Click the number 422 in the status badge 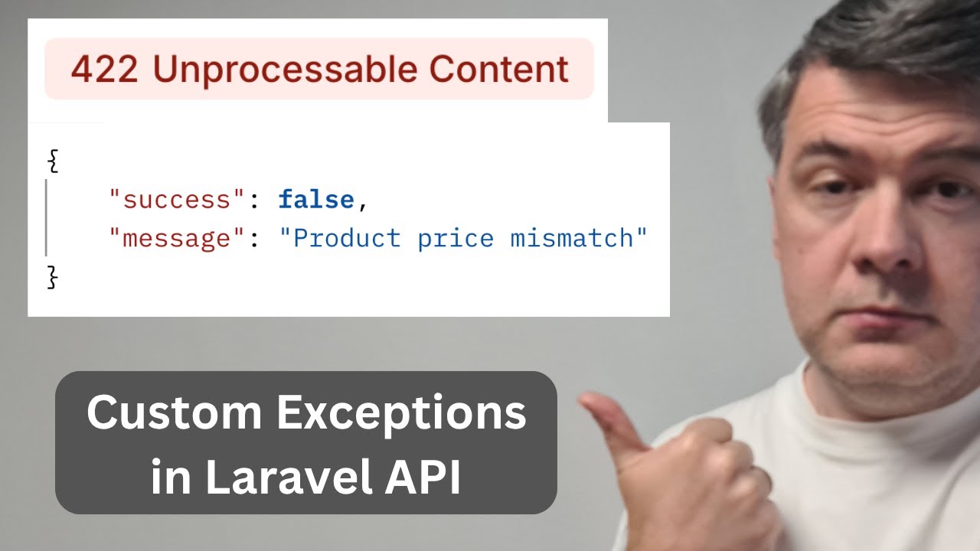tap(104, 70)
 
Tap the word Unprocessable tap(284, 70)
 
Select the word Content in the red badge tap(499, 70)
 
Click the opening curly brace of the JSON tap(53, 162)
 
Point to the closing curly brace tap(53, 276)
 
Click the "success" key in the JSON tap(170, 201)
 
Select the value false tap(316, 201)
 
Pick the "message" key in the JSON tap(170, 239)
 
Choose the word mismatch tap(570, 239)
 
